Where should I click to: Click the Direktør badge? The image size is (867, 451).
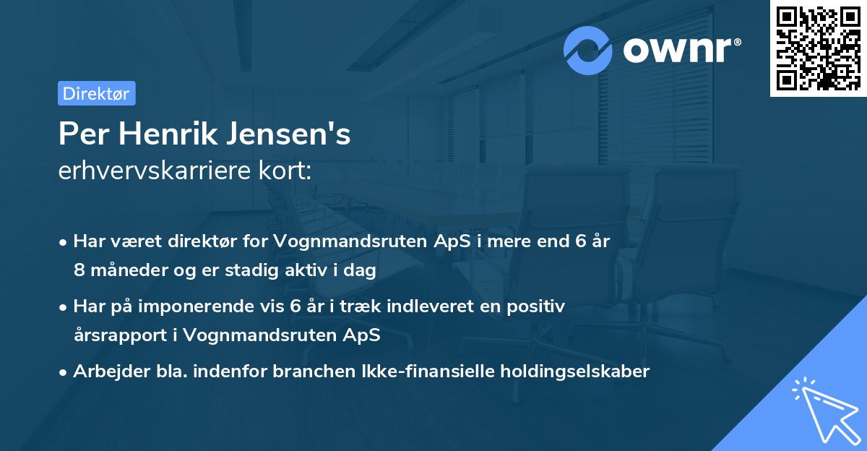pyautogui.click(x=96, y=93)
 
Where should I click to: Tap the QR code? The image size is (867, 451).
pyautogui.click(x=818, y=48)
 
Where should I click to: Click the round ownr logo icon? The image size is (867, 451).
pyautogui.click(x=588, y=50)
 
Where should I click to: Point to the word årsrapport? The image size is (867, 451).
pyautogui.click(x=119, y=335)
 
